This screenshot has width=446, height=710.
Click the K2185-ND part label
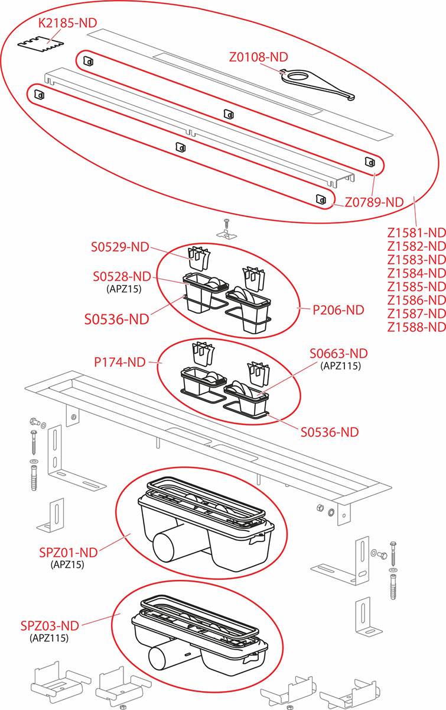click(x=67, y=23)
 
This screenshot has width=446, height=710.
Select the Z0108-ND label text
click(x=258, y=57)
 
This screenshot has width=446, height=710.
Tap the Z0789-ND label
click(x=374, y=202)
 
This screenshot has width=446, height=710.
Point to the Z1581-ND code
click(x=416, y=233)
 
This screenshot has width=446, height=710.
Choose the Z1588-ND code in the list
click(x=416, y=327)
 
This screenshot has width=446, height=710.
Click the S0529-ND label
click(x=120, y=248)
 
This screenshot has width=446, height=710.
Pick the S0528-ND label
click(x=122, y=276)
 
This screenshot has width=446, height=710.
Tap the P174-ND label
click(x=120, y=362)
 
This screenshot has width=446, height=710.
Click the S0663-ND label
click(x=338, y=353)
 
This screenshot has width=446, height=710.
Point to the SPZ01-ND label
click(x=67, y=552)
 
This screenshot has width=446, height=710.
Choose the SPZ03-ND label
click(x=50, y=625)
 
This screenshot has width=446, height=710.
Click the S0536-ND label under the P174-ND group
click(x=329, y=432)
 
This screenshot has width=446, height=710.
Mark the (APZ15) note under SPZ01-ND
click(x=67, y=564)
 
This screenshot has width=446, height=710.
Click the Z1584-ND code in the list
click(x=416, y=273)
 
